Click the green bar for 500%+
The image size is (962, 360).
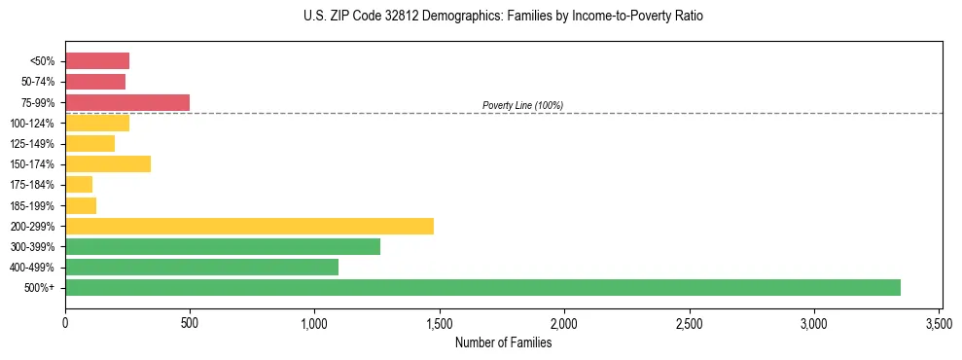(x=482, y=287)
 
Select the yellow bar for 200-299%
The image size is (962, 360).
(x=249, y=226)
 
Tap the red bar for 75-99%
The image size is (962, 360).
(x=127, y=102)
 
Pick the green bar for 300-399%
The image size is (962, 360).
(x=223, y=246)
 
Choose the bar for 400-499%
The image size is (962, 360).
(x=201, y=267)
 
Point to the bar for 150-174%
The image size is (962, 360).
(x=108, y=163)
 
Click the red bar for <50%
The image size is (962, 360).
(x=97, y=61)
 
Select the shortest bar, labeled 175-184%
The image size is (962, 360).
(x=79, y=185)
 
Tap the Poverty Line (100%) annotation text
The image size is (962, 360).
(x=522, y=105)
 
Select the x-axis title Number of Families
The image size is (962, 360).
(x=503, y=342)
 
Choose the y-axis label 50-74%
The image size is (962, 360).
(x=38, y=82)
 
